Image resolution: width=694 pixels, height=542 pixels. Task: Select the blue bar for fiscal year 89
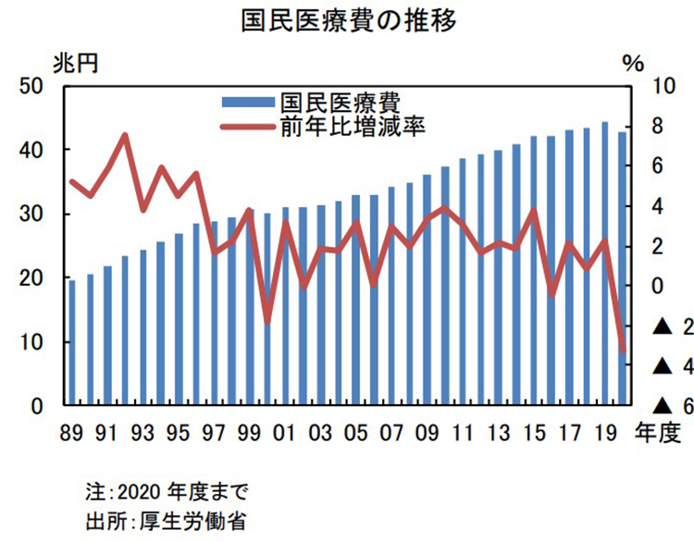tap(71, 342)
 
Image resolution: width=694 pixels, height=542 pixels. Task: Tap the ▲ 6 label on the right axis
tap(673, 406)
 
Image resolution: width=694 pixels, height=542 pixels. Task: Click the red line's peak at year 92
tap(125, 136)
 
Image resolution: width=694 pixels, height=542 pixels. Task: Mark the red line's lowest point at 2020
tap(623, 350)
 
